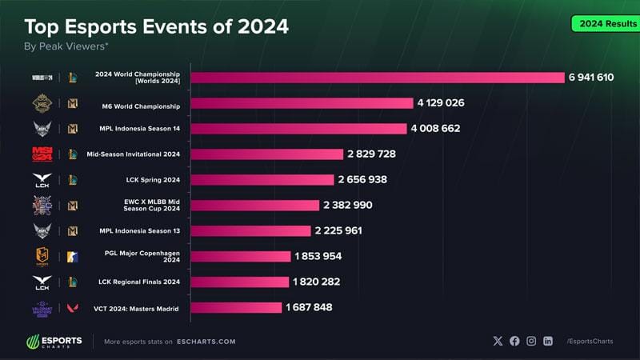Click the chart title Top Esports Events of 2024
point(156,27)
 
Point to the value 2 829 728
point(371,154)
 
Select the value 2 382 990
point(348,205)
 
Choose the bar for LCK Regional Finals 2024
point(239,282)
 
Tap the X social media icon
point(498,341)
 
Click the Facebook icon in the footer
point(514,341)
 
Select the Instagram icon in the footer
point(531,341)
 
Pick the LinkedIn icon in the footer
point(548,341)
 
